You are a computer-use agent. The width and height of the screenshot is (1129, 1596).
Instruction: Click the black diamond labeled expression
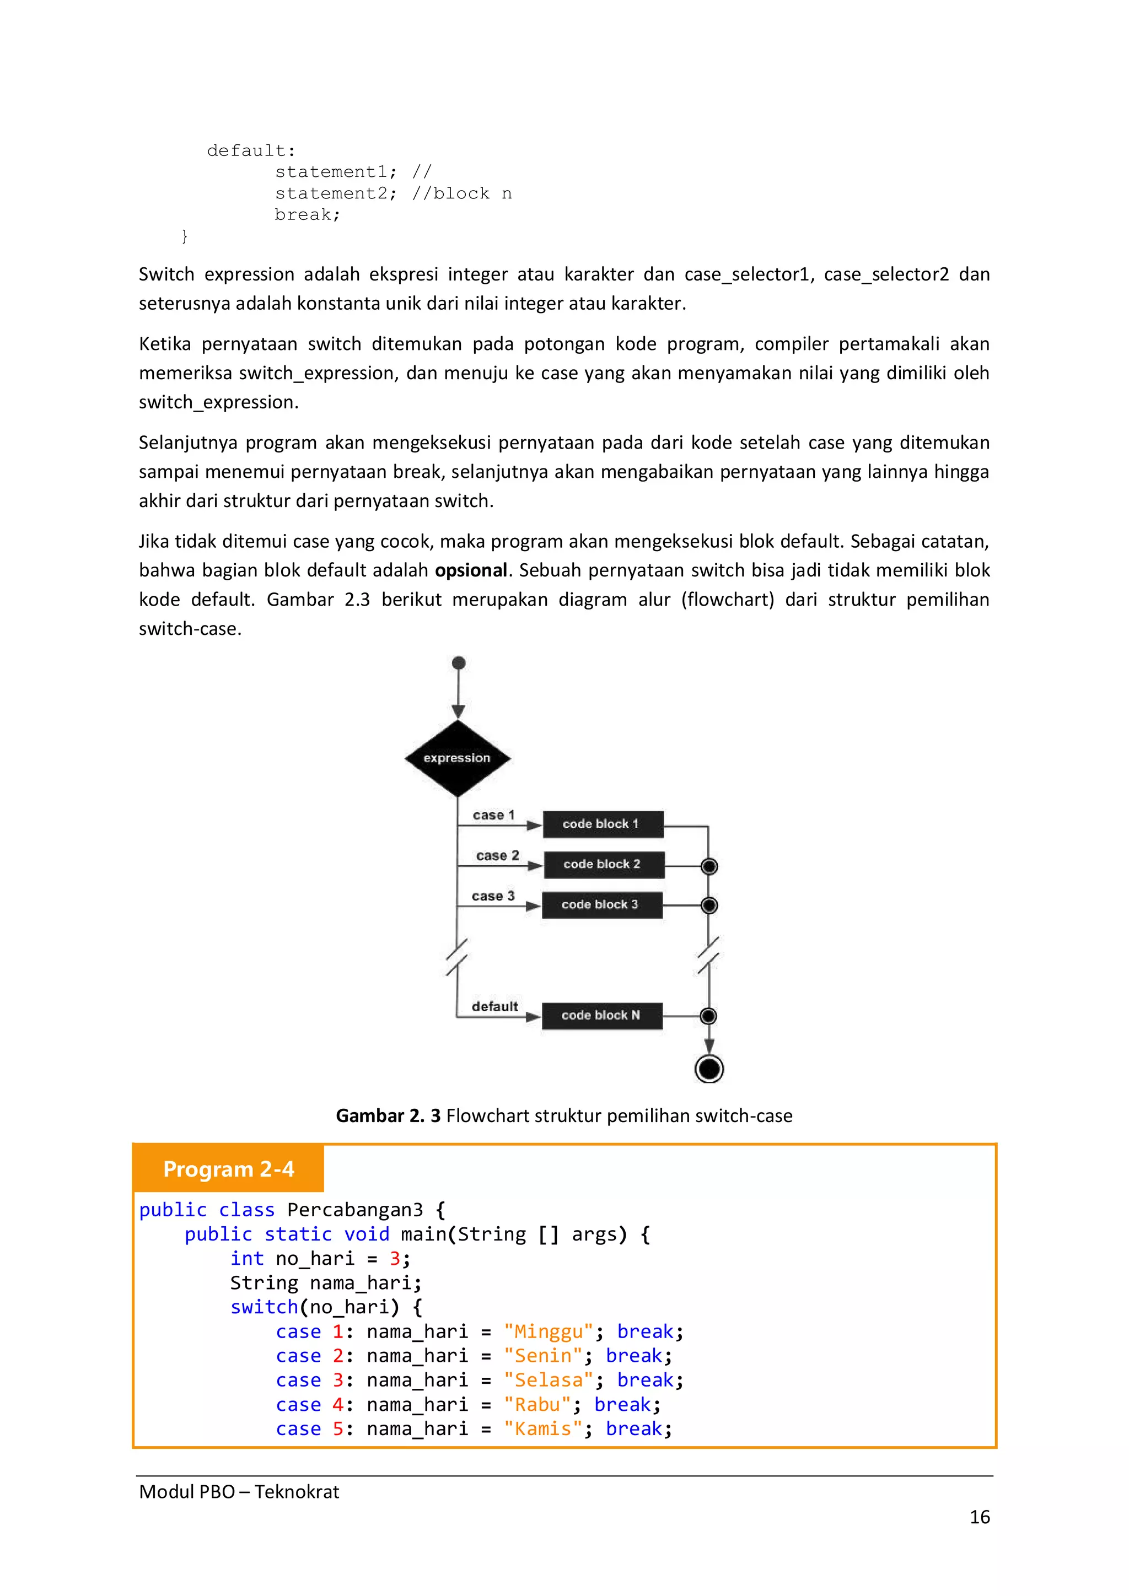pos(458,758)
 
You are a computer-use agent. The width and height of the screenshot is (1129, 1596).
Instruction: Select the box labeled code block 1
pos(603,824)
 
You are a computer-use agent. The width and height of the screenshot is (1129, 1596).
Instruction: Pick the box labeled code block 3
pos(602,904)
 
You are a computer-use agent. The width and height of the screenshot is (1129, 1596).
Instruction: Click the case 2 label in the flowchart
pos(498,856)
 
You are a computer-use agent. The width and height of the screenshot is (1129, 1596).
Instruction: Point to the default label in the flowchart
pos(495,1006)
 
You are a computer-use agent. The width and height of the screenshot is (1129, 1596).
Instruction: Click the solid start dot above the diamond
pos(459,663)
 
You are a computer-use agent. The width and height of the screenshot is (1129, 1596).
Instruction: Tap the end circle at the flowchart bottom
pos(709,1069)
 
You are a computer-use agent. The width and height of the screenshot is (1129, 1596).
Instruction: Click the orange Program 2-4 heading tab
pos(229,1169)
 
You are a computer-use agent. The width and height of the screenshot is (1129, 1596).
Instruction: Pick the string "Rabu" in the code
pos(537,1404)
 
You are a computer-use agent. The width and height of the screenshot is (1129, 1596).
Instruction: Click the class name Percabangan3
pos(354,1210)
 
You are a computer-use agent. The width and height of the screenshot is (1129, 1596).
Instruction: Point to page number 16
pos(980,1517)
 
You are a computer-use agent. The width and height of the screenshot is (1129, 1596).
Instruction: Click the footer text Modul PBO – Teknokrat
pos(239,1492)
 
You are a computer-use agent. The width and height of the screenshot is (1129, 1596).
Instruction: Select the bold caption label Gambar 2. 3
pos(388,1115)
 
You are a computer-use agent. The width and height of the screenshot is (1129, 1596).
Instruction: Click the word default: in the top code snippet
pos(251,151)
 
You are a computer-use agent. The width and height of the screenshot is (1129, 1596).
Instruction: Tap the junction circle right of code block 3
pos(709,905)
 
